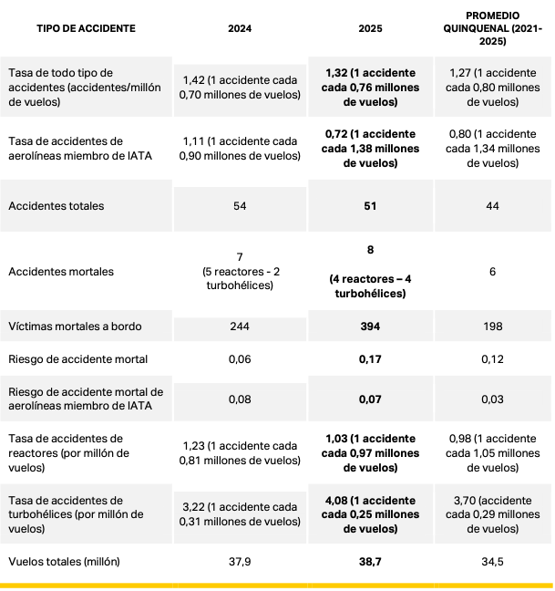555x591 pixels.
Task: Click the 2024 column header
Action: (x=240, y=29)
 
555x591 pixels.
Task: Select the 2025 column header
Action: (x=370, y=29)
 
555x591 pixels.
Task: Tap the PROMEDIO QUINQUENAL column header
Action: (x=492, y=29)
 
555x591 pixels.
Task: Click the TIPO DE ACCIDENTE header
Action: (x=86, y=29)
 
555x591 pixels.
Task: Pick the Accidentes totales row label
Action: (x=56, y=206)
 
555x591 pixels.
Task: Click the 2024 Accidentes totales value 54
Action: (x=240, y=206)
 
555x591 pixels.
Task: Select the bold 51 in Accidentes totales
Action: (x=370, y=206)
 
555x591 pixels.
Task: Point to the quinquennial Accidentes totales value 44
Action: (x=492, y=206)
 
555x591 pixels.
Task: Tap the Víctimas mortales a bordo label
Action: (x=75, y=326)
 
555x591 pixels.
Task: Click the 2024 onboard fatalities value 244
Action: (x=240, y=326)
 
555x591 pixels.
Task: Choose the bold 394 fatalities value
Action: (x=370, y=326)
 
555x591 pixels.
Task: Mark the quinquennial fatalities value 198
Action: (x=492, y=326)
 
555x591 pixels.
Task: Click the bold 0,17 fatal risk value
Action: (x=370, y=358)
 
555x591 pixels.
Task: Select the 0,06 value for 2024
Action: (x=240, y=358)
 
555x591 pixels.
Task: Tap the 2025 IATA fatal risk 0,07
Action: (x=370, y=399)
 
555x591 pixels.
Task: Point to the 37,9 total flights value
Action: (x=240, y=561)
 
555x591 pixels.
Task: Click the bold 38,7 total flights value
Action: (x=370, y=561)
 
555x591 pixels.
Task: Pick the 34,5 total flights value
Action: (x=492, y=561)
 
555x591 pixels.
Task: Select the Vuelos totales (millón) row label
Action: (x=64, y=561)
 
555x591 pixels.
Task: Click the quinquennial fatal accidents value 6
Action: (x=492, y=272)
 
